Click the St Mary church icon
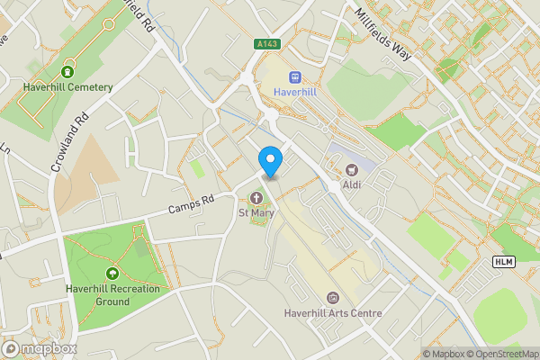(x=256, y=198)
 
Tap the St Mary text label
(x=256, y=213)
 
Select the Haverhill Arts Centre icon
(x=333, y=297)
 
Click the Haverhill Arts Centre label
(x=333, y=313)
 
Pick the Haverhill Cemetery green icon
(x=67, y=71)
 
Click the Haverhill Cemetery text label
(x=68, y=87)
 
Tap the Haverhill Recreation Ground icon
(x=112, y=273)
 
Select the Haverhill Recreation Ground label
(x=112, y=295)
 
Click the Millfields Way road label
(x=384, y=35)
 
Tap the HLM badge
(x=503, y=261)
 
